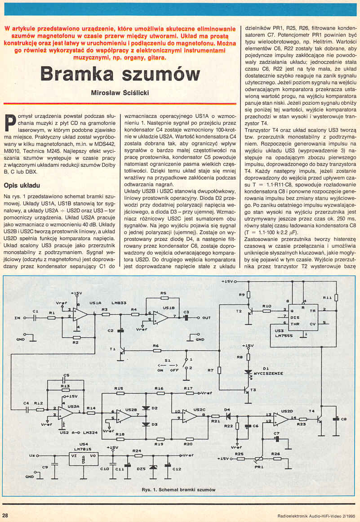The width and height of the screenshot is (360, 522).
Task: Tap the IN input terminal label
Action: pos(17,317)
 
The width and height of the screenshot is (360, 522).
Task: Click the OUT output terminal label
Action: pos(206,317)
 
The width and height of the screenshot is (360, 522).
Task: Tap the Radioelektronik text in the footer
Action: pos(291,515)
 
